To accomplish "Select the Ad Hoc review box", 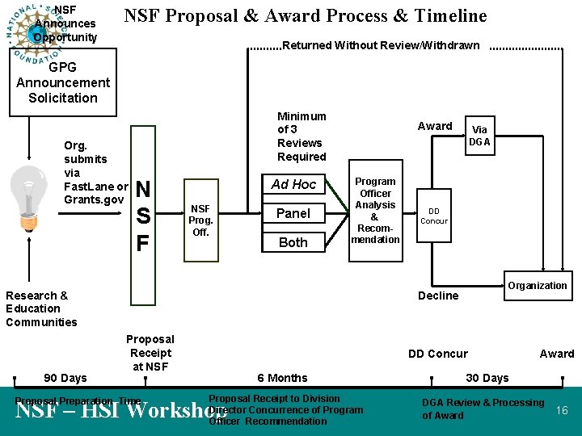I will point(293,184).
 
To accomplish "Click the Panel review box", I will point(293,213).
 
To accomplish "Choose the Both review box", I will point(293,242).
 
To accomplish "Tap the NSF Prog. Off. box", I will point(200,220).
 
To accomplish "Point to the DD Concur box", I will point(434,216).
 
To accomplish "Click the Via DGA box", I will point(479,136).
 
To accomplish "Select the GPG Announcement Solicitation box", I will point(63,82).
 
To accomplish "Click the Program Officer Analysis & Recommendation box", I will point(375,211).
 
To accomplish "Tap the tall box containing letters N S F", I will point(143,216).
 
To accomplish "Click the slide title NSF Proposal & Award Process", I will point(306,16).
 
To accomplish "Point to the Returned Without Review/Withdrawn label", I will point(381,45).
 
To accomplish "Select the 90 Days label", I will point(65,378).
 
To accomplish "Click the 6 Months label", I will point(282,378).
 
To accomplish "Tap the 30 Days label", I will point(487,378).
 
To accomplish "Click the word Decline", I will point(438,296).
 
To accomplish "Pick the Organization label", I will point(538,285).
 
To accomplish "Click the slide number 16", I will point(562,411).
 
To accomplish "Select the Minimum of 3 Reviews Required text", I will point(302,136).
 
